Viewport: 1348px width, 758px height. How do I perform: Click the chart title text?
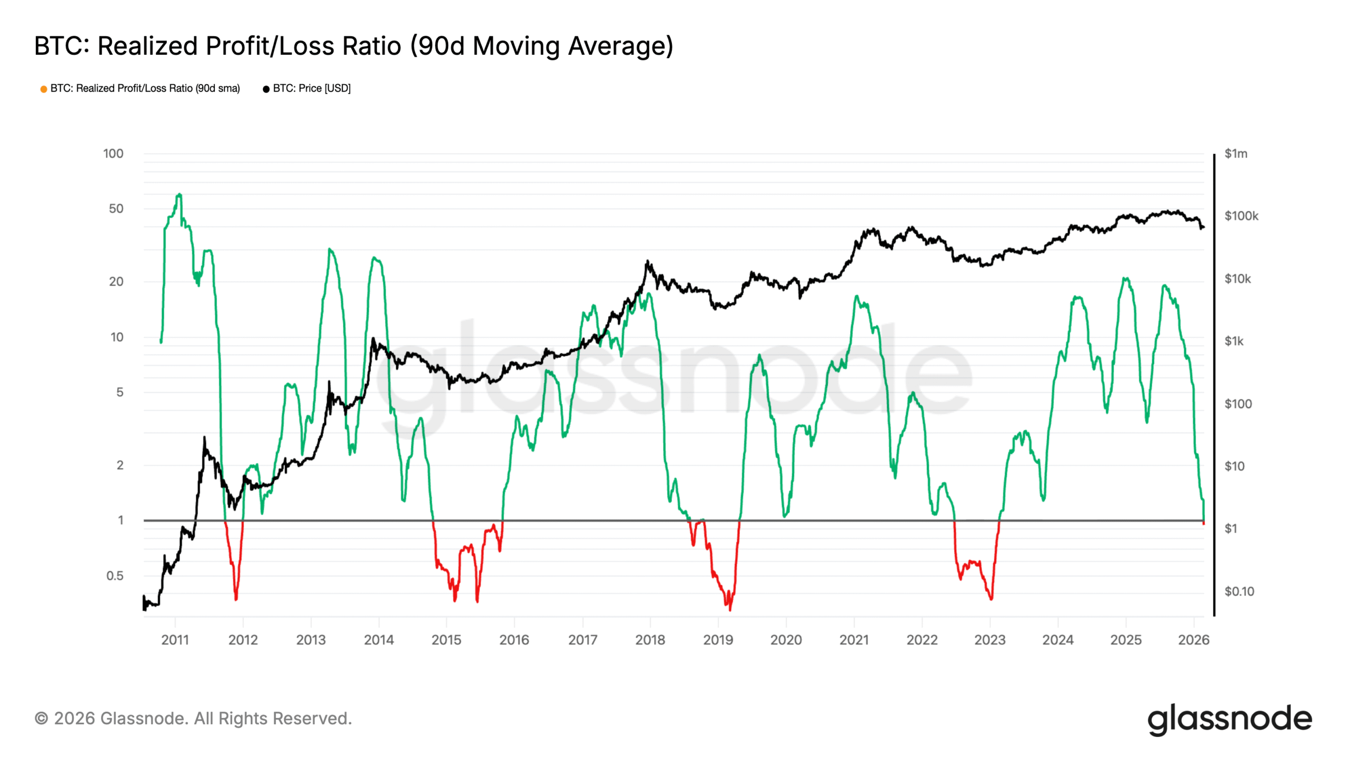(353, 46)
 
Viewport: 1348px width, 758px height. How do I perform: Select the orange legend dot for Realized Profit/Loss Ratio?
(44, 89)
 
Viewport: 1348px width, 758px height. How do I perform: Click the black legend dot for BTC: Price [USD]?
(266, 89)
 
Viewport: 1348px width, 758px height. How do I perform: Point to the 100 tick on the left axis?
(113, 154)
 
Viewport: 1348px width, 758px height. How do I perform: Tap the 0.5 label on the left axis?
(115, 575)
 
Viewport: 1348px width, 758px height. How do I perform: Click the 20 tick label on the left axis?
(116, 282)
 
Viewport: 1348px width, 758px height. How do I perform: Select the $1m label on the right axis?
(1235, 154)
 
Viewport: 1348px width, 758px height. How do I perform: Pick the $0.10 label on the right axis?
(1239, 591)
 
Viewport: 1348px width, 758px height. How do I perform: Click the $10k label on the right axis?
(1237, 278)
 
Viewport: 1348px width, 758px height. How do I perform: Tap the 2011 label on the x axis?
(175, 640)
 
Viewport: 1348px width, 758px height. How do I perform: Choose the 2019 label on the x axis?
(718, 640)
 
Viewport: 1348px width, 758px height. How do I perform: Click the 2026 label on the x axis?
(1194, 640)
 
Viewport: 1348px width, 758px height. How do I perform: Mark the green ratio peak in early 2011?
(180, 195)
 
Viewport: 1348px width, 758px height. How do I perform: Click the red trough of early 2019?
(730, 609)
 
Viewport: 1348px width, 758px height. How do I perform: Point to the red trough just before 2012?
(236, 599)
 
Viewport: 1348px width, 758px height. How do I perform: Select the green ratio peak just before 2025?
(1125, 278)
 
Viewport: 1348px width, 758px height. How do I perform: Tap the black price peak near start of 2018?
(648, 261)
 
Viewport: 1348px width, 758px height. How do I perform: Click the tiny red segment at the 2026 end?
(1204, 523)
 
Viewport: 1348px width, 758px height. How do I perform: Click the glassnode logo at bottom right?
(1230, 720)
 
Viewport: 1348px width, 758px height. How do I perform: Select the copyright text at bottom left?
(193, 719)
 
